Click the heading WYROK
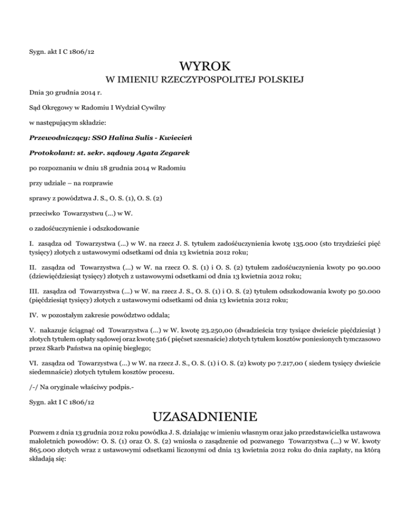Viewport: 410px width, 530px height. (205, 67)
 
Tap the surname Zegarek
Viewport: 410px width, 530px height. (173, 153)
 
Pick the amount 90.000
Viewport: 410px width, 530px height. (369, 262)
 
